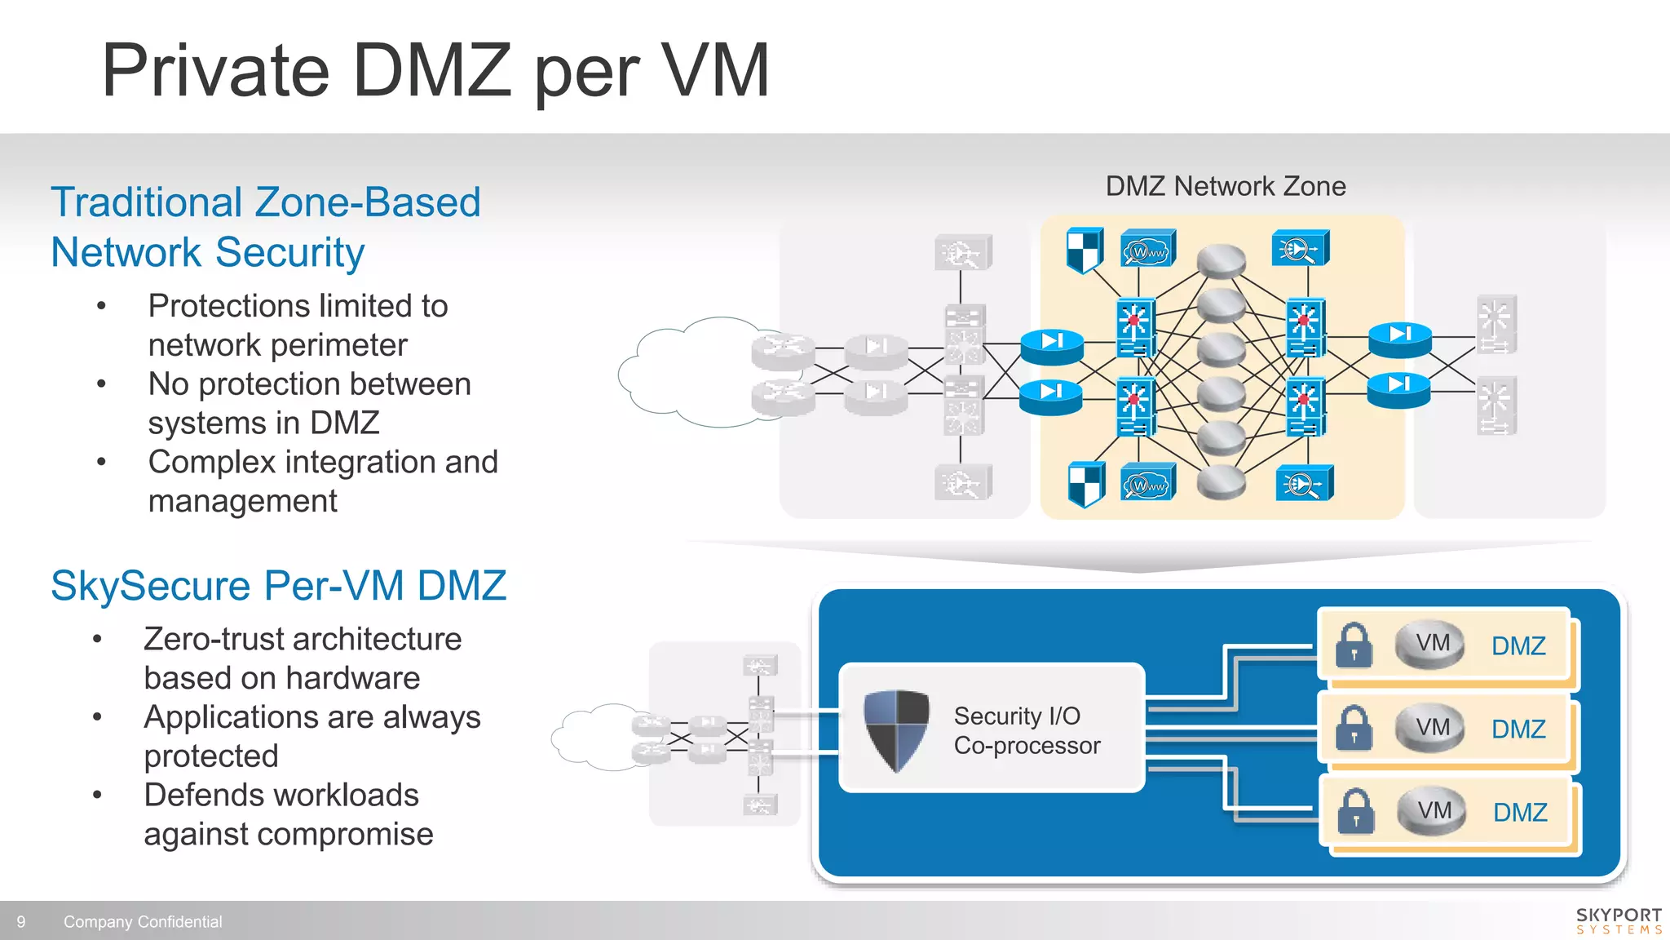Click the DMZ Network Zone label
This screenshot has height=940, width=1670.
[x=1225, y=186]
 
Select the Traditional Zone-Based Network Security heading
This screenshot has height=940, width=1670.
[x=265, y=226]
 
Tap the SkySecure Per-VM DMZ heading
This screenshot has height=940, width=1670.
[x=278, y=586]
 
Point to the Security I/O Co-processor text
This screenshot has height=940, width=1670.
[x=1026, y=730]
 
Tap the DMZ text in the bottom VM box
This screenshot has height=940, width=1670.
[x=1520, y=813]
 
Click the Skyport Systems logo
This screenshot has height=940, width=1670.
[x=1619, y=920]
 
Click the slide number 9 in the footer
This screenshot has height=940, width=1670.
[x=21, y=922]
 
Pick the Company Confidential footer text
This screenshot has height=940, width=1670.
[x=143, y=922]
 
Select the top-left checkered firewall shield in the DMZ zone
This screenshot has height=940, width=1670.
[x=1085, y=250]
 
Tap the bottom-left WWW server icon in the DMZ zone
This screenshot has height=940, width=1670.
[x=1148, y=484]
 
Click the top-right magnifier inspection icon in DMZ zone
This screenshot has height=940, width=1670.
[x=1301, y=249]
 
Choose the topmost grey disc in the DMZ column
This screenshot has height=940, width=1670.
[x=1221, y=260]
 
